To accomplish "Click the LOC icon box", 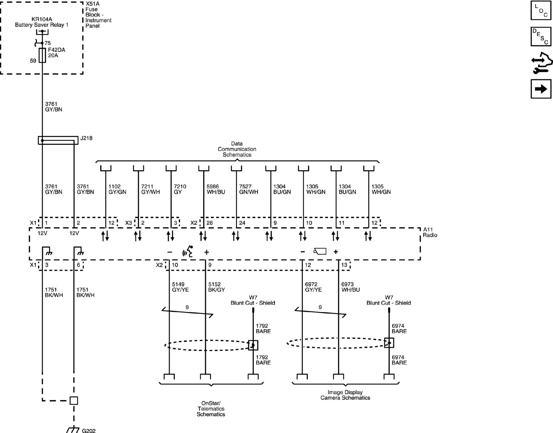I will pyautogui.click(x=541, y=10).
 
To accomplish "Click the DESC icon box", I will pyautogui.click(x=541, y=37).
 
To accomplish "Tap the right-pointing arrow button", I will pyautogui.click(x=541, y=89).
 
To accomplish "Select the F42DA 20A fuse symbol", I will pyautogui.click(x=42, y=55).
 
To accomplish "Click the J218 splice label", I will pyautogui.click(x=86, y=138).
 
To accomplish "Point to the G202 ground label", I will pyautogui.click(x=89, y=430).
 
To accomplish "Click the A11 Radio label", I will pyautogui.click(x=430, y=232).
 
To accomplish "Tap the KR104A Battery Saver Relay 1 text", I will pyautogui.click(x=42, y=22).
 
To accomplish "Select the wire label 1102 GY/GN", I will pyautogui.click(x=117, y=189).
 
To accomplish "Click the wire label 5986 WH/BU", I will pyautogui.click(x=215, y=189).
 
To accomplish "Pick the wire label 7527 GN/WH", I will pyautogui.click(x=248, y=189).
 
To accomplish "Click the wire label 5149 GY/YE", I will pyautogui.click(x=180, y=287).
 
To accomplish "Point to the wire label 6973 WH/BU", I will pyautogui.click(x=350, y=287).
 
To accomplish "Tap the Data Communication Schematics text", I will pyautogui.click(x=237, y=149).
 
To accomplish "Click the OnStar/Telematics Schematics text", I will pyautogui.click(x=211, y=409).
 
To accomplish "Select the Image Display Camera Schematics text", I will pyautogui.click(x=345, y=395).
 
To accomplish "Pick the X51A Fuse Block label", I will pyautogui.click(x=98, y=15).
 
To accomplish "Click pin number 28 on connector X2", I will pyautogui.click(x=209, y=223).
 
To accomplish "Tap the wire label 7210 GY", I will pyautogui.click(x=180, y=189).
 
